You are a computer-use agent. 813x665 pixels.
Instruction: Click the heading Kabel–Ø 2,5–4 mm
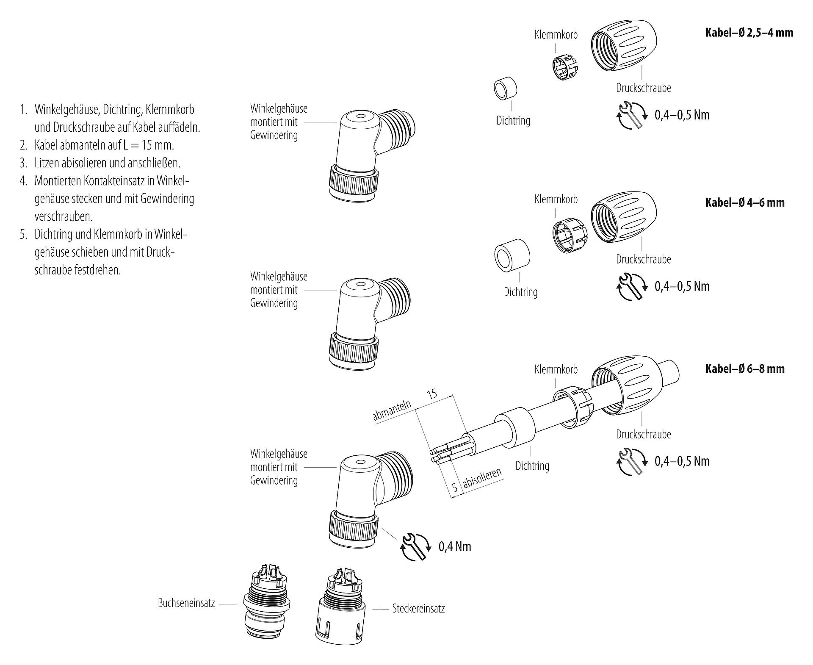[x=749, y=33]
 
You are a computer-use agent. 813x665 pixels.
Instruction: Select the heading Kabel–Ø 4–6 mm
[x=744, y=202]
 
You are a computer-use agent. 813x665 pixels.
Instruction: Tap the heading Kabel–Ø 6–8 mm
[x=744, y=369]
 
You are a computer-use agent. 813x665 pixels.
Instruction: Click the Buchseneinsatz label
[x=186, y=603]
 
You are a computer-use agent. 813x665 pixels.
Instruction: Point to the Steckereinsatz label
[x=418, y=609]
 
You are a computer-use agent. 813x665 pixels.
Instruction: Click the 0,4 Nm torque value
[x=455, y=546]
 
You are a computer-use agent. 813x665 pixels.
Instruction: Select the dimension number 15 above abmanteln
[x=432, y=394]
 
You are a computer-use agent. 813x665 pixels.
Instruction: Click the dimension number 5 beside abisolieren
[x=454, y=488]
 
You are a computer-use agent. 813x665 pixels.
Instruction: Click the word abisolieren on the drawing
[x=483, y=479]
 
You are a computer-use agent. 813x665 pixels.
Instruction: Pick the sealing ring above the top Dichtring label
[x=506, y=89]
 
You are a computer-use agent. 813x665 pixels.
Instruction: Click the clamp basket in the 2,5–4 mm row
[x=565, y=66]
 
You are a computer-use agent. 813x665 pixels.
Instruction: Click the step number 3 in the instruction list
[x=23, y=163]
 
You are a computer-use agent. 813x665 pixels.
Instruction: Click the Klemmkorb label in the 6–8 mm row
[x=556, y=369]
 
